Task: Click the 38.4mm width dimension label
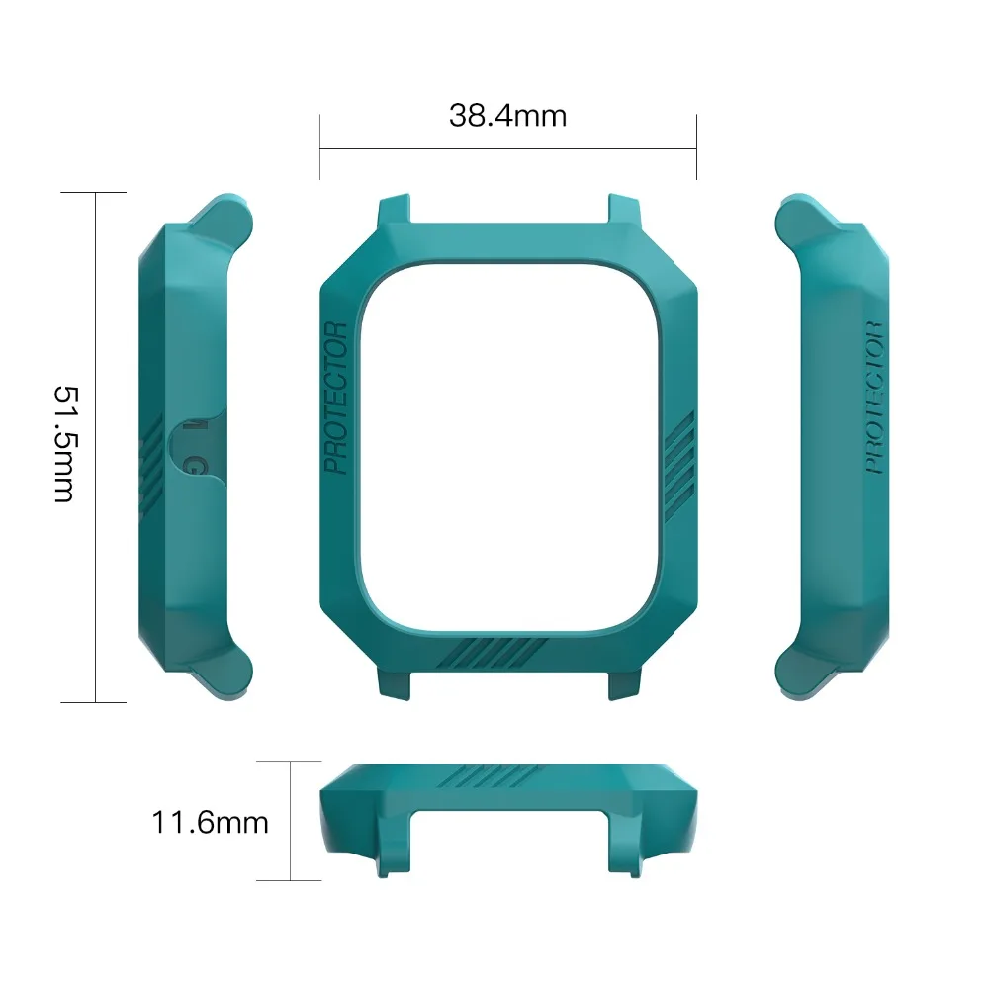pos(507,116)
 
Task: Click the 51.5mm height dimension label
pos(65,444)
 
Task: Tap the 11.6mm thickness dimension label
pos(210,823)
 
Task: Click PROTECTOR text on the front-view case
pos(335,398)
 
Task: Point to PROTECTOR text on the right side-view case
pos(874,398)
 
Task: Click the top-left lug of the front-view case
pos(395,210)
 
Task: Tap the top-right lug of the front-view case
pos(624,210)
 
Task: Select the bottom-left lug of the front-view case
pos(395,684)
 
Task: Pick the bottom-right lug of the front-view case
pos(624,684)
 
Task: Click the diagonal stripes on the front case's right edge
pos(680,467)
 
